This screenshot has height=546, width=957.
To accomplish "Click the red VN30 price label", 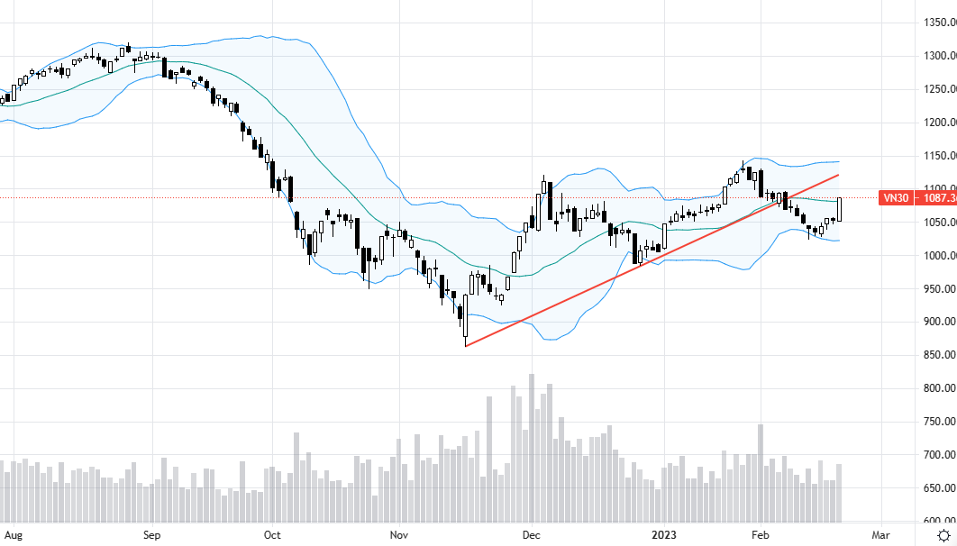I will (916, 198).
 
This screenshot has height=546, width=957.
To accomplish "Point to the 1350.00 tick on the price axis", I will (938, 23).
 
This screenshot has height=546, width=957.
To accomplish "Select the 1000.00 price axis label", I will (938, 256).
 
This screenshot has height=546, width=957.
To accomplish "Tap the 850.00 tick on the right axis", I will (938, 355).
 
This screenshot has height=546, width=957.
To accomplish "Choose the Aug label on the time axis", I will (14, 534).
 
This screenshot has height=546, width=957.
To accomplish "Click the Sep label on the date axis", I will (151, 534).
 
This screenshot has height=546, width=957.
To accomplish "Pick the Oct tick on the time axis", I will (272, 534).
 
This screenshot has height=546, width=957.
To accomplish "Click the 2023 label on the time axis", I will (662, 534).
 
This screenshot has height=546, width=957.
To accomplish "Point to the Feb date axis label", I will (760, 534).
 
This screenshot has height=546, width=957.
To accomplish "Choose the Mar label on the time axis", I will (880, 534).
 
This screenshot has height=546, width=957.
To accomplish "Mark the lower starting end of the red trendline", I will (465, 345).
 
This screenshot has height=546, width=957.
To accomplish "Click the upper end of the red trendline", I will (839, 175).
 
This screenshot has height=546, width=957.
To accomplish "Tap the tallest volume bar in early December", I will (532, 448).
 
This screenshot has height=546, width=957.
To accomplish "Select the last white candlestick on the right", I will (840, 209).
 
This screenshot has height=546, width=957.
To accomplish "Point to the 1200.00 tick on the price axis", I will (938, 123).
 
